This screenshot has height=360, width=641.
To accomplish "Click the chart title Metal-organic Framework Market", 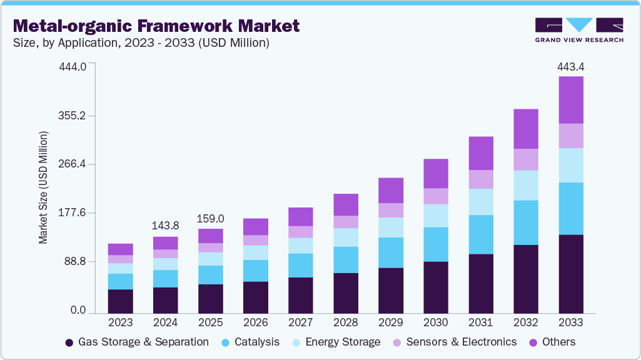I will [x=156, y=26].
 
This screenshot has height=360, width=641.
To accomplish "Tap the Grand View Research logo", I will [x=578, y=29].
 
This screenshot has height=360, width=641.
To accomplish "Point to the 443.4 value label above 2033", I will [x=570, y=67].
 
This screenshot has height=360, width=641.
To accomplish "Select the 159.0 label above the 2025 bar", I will [x=210, y=219].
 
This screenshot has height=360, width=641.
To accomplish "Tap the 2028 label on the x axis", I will [x=345, y=322].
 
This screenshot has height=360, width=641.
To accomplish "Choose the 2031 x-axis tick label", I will [x=481, y=322].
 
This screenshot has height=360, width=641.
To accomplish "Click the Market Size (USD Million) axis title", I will [x=43, y=187].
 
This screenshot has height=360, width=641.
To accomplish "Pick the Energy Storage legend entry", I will [x=336, y=342].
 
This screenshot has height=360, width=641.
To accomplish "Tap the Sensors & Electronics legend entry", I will [x=455, y=342].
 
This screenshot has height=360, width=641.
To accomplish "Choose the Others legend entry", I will [x=552, y=342].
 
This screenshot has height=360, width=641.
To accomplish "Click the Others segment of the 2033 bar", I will [x=570, y=100].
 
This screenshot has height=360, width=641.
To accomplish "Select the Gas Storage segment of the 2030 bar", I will [x=436, y=287].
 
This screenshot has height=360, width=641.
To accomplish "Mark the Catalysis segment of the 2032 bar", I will [x=526, y=222].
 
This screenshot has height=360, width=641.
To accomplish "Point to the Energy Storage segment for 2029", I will [x=391, y=227].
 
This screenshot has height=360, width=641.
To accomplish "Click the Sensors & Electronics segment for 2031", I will [x=481, y=179].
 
